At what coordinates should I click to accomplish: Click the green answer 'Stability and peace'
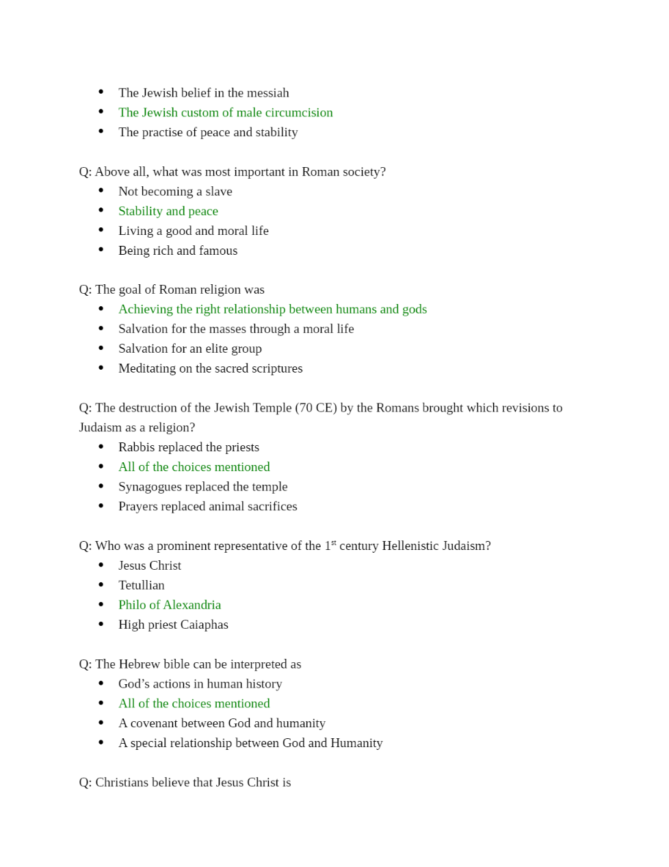168,211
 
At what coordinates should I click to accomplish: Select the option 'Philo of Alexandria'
170,605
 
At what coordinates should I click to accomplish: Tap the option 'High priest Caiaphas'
173,625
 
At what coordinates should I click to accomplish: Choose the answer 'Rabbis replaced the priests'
189,447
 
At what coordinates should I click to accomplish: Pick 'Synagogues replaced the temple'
202,487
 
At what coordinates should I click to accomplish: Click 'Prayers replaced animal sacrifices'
207,507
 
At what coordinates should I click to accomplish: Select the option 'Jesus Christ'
150,566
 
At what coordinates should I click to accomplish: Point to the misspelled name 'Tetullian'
142,586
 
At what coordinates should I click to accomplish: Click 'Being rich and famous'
178,251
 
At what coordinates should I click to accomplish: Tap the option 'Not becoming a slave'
175,192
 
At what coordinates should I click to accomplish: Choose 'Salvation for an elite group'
190,349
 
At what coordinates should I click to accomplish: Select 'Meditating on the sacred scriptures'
210,368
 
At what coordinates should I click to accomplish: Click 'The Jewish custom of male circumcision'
226,112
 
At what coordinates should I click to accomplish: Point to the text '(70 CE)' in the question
316,408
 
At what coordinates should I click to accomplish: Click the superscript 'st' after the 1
334,543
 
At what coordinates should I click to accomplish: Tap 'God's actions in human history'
200,684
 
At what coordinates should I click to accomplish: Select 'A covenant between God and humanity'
222,723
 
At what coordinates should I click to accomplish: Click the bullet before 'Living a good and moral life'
101,231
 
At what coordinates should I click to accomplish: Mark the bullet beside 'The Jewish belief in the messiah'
101,92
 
